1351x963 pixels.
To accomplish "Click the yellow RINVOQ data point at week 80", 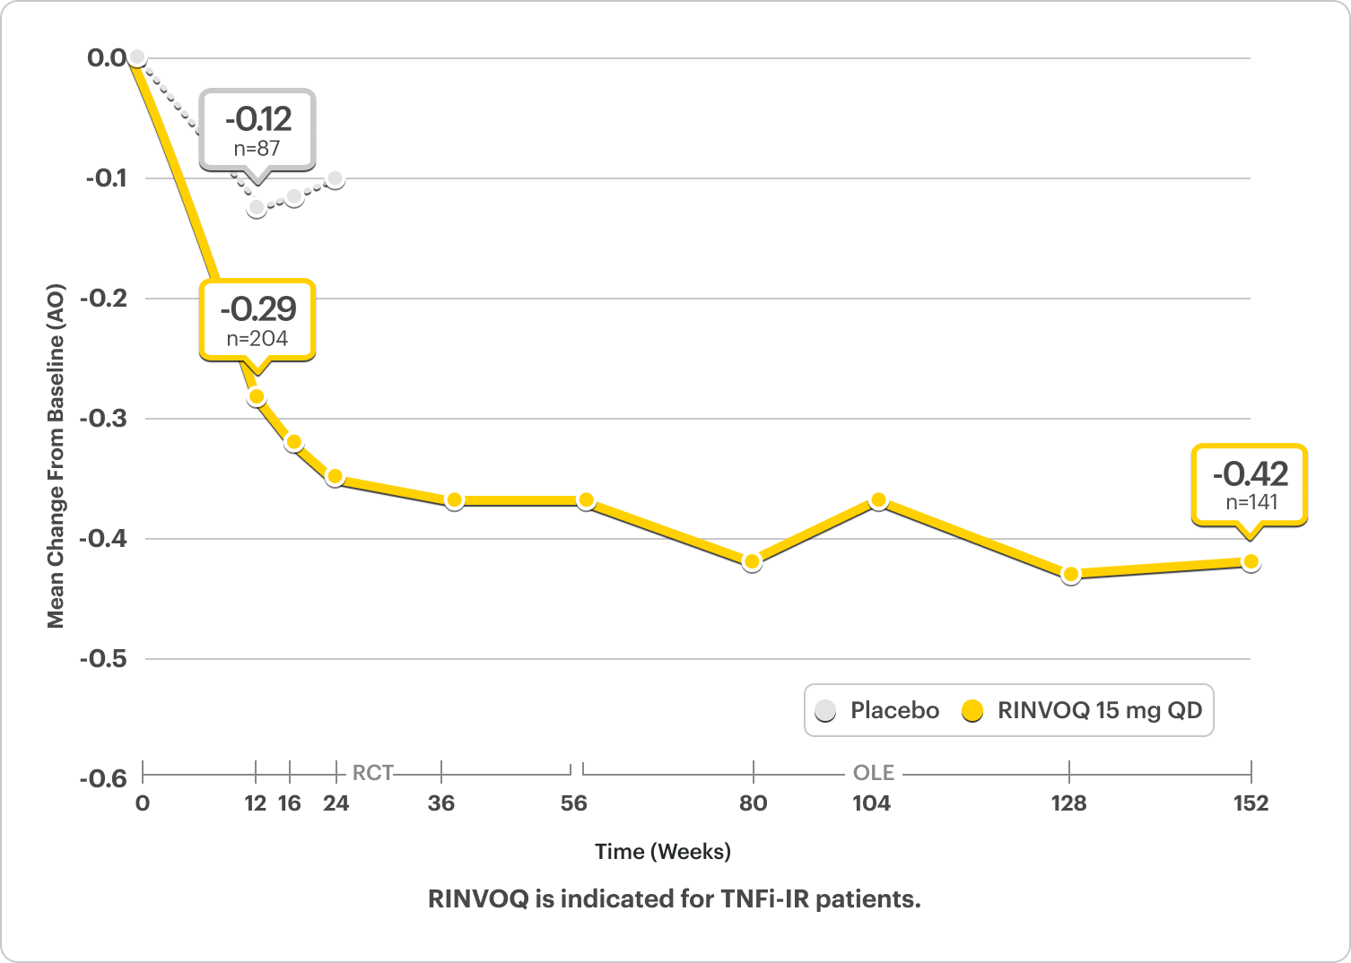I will click(752, 562).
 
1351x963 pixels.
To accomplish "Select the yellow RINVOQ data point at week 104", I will click(878, 500).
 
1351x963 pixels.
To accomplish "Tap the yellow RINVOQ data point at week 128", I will click(1070, 575).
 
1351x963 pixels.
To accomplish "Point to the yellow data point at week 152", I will click(1251, 562).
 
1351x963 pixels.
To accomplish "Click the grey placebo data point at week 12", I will click(257, 208).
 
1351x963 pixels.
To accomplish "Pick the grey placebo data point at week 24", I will click(336, 178).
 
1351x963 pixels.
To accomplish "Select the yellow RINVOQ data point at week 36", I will click(454, 500).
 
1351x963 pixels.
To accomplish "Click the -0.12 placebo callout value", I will click(257, 119).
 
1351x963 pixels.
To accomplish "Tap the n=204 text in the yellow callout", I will click(257, 339).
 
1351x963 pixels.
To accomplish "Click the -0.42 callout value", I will click(1250, 473).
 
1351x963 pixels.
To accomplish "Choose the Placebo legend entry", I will click(877, 711).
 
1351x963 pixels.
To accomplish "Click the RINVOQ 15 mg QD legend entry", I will click(1083, 711).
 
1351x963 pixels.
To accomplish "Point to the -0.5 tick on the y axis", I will click(105, 659).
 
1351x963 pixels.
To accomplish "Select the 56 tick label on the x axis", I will click(573, 803).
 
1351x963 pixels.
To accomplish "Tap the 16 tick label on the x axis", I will click(289, 803).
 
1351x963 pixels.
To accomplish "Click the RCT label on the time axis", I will click(372, 773).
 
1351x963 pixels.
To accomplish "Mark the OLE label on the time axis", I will click(873, 773).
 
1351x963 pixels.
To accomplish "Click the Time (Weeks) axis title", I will click(663, 852).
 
